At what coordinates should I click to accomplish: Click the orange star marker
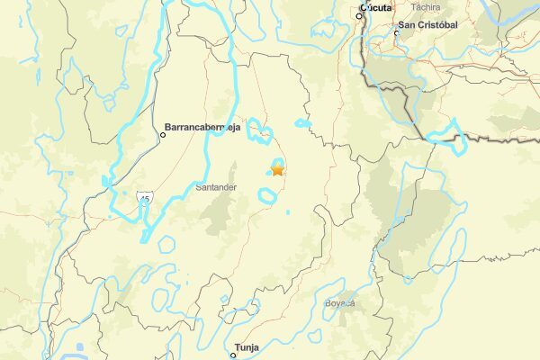[x=277, y=168]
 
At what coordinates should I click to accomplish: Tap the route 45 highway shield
[x=144, y=197]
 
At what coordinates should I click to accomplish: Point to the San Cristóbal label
[x=429, y=24]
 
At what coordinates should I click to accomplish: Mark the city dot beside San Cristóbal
[x=396, y=33]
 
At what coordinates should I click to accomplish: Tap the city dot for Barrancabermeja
[x=163, y=135]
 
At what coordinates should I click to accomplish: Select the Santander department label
[x=216, y=187]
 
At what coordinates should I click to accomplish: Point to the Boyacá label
[x=340, y=303]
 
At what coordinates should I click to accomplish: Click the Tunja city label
[x=246, y=346]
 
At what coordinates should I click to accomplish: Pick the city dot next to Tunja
[x=232, y=355]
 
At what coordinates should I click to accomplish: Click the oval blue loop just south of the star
[x=267, y=195]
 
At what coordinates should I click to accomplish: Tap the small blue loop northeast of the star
[x=303, y=122]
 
